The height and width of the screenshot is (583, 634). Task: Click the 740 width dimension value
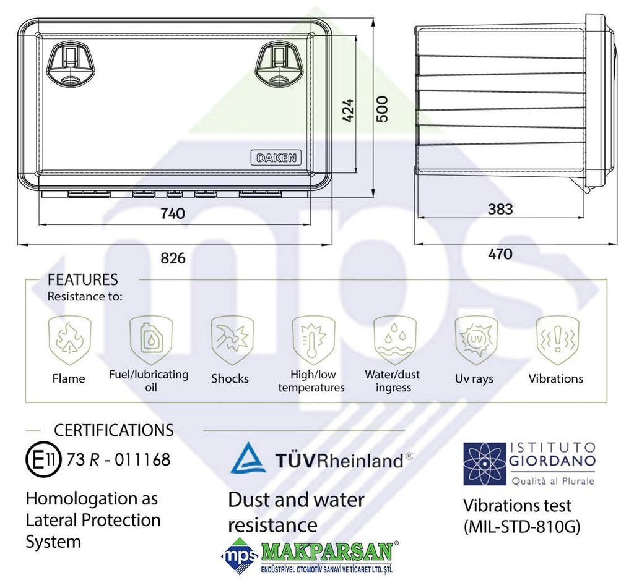point(173,213)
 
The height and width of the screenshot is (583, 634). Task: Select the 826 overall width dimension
point(173,258)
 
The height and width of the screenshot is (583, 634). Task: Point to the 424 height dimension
point(347,110)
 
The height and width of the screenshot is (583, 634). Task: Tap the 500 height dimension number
point(381,109)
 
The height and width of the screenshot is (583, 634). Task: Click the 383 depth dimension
point(500,209)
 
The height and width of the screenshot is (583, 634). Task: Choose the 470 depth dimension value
point(500,254)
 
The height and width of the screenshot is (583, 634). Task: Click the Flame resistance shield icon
point(69,340)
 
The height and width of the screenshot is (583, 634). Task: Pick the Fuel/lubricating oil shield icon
point(151,340)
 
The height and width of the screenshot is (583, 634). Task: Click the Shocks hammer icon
point(232,340)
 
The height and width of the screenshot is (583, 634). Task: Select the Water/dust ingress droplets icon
point(395,340)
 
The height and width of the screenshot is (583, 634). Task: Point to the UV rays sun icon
point(476,340)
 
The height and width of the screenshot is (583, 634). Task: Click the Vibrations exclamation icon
point(558,340)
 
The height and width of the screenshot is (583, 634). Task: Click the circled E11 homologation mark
point(43,460)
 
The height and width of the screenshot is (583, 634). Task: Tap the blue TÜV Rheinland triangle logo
point(248,458)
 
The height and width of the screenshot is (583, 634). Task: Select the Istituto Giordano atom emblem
point(484,464)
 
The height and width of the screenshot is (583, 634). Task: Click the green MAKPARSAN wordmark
point(327,551)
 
